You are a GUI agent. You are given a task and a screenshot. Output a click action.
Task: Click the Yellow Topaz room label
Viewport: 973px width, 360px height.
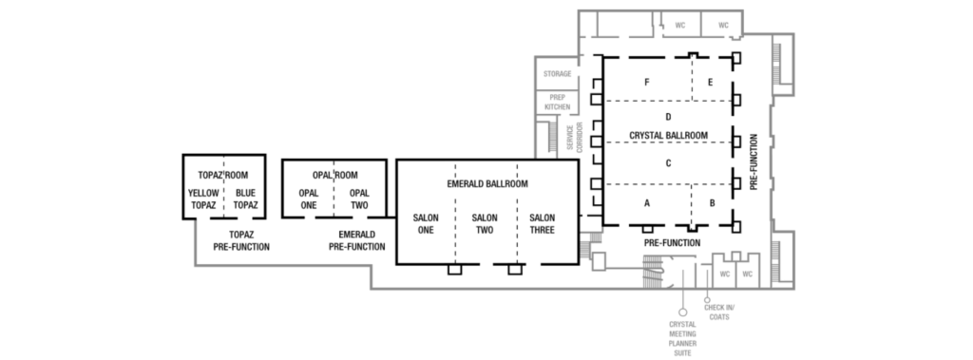click(203, 199)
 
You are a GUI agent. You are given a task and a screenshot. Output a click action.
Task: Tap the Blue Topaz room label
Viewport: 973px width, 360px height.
click(246, 199)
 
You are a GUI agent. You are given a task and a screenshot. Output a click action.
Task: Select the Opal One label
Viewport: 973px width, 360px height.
click(309, 199)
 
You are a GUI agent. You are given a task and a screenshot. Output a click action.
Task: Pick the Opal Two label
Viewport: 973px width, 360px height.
click(359, 199)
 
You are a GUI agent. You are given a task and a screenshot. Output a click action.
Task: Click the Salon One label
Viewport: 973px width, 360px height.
click(426, 223)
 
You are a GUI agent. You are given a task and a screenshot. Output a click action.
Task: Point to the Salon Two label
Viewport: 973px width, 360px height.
click(485, 223)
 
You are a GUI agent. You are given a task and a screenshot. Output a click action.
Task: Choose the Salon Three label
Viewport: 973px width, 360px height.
click(543, 223)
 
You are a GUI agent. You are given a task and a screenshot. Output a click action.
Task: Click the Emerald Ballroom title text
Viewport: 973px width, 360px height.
click(487, 183)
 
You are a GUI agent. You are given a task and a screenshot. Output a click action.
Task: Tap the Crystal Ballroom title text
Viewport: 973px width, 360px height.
click(668, 135)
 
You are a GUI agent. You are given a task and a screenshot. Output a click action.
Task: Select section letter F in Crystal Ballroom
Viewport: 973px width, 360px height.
click(646, 82)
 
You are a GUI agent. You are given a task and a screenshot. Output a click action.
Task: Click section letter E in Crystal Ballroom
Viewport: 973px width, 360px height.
click(711, 82)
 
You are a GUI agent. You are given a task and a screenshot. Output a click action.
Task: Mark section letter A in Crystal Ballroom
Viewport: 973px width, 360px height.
click(647, 203)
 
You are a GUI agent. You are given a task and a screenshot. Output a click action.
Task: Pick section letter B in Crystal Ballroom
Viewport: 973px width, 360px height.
click(713, 203)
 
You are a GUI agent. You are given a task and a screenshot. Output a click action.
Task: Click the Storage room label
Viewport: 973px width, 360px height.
click(557, 74)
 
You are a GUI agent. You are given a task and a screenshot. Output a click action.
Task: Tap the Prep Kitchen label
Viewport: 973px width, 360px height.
click(557, 103)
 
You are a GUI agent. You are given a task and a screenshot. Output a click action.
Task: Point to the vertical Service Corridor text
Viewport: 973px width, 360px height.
click(575, 137)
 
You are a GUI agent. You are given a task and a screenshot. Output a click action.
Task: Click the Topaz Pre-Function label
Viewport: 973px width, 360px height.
click(241, 241)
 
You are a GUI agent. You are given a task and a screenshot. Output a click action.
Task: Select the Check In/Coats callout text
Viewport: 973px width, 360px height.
click(719, 313)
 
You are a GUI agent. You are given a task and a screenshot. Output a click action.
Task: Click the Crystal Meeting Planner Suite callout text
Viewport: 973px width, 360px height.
click(682, 339)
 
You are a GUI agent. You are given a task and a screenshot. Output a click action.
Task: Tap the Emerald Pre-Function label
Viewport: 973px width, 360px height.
click(357, 241)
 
